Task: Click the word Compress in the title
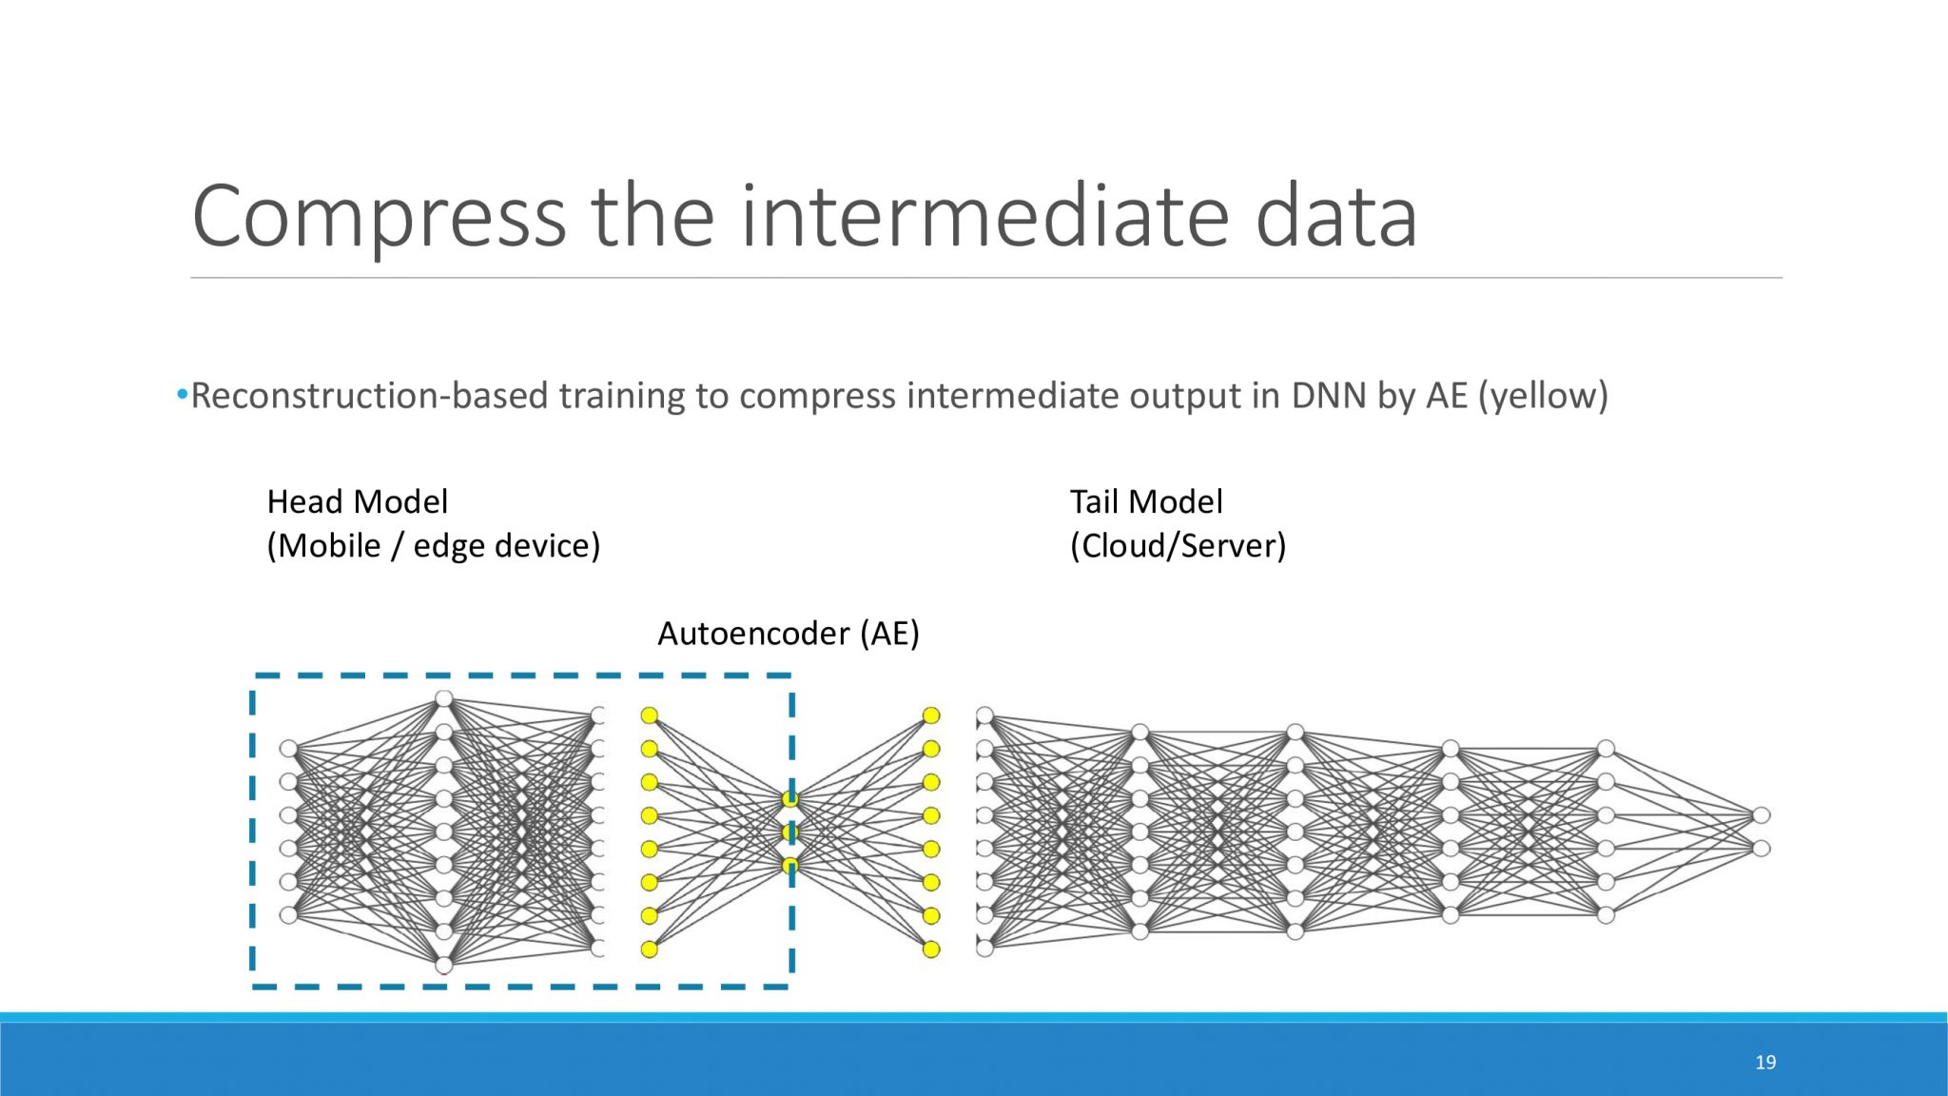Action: point(379,217)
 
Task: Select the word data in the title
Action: point(1335,217)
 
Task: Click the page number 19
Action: point(1765,1062)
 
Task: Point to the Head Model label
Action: point(357,501)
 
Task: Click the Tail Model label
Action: point(1146,501)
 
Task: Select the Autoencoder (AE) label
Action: point(789,634)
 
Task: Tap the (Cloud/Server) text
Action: point(1178,546)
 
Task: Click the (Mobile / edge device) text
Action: point(433,546)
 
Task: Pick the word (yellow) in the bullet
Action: point(1543,396)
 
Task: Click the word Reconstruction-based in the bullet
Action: point(369,396)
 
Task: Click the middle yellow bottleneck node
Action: point(790,832)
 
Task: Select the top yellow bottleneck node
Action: point(790,799)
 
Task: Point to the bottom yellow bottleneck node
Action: point(790,866)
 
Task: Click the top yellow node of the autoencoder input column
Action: point(650,715)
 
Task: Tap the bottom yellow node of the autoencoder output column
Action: point(931,949)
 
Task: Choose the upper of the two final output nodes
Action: point(1762,815)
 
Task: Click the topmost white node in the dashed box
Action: point(443,699)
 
